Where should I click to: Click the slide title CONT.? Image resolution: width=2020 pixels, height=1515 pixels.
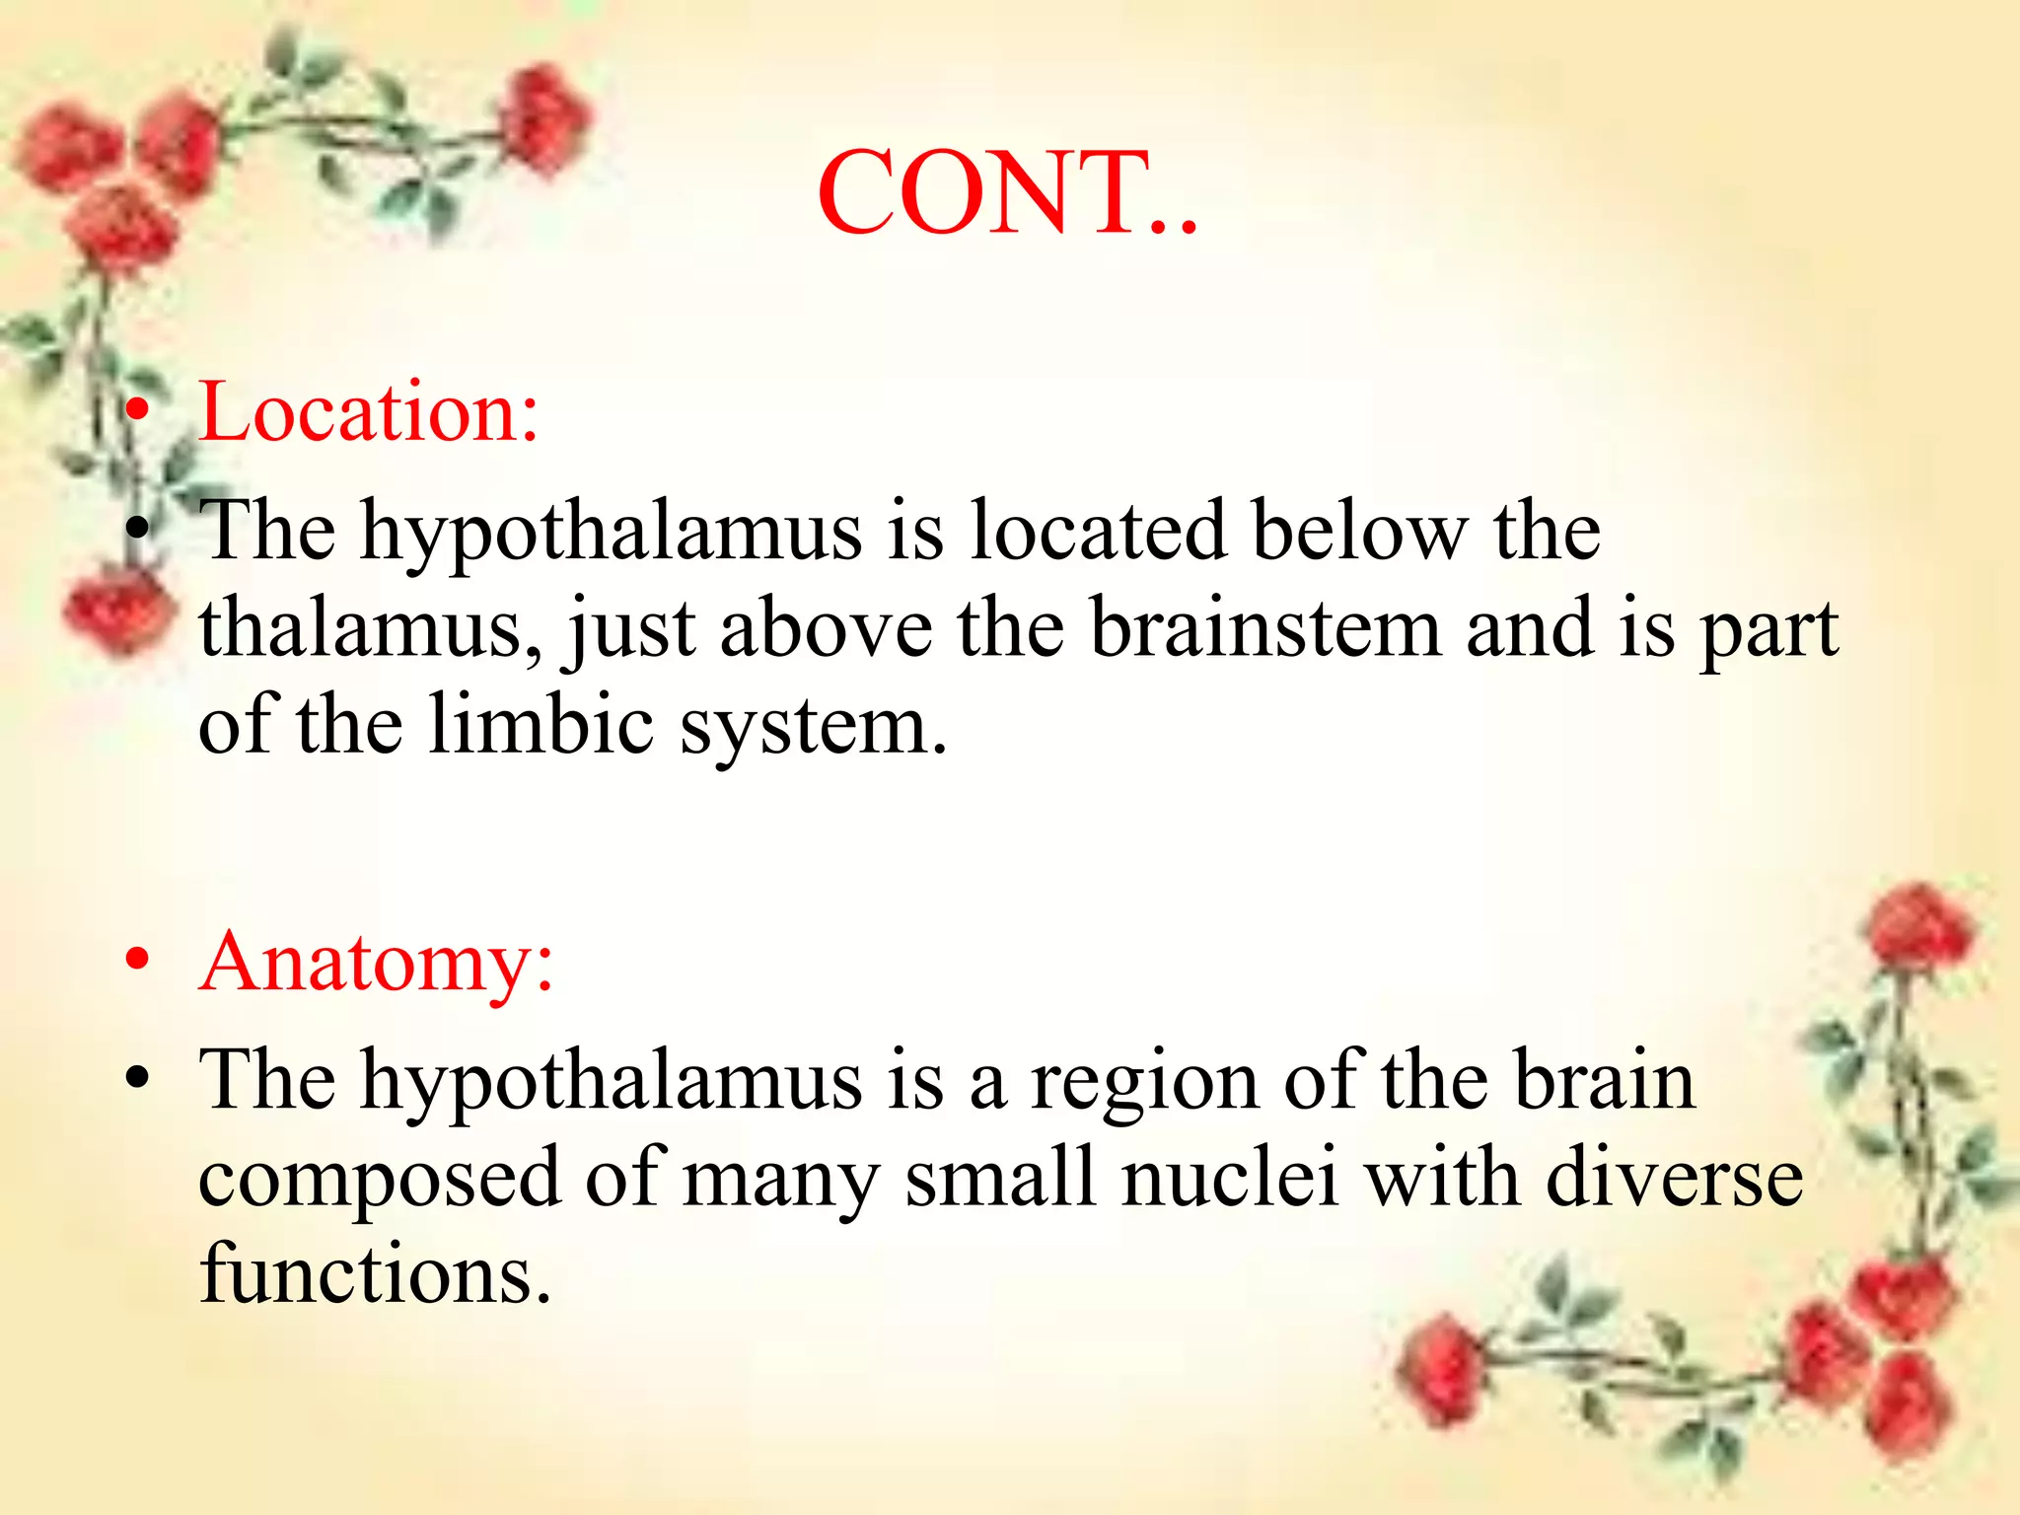[x=1006, y=193]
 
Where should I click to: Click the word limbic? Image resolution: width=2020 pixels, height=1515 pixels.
[x=541, y=725]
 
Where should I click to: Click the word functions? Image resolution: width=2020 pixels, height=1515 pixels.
[x=375, y=1273]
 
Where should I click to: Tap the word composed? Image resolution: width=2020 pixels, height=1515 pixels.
[x=380, y=1182]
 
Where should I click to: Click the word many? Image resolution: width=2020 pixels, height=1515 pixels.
[x=779, y=1182]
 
